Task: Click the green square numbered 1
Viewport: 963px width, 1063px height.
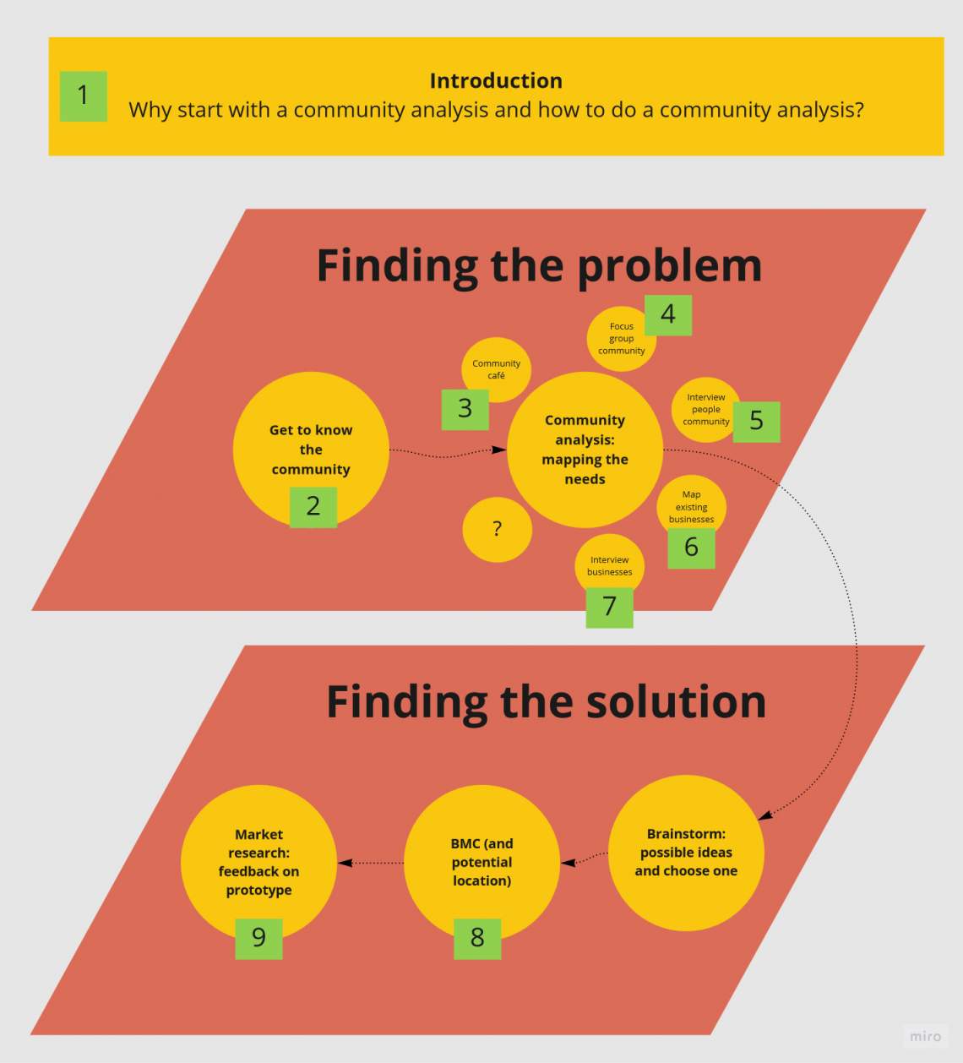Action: pyautogui.click(x=84, y=96)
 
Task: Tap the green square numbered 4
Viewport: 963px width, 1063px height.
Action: pyautogui.click(x=668, y=315)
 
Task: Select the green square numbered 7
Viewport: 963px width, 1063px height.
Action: pyautogui.click(x=609, y=608)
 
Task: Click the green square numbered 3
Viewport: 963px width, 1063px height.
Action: pyautogui.click(x=465, y=410)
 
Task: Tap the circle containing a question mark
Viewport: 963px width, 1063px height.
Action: pyautogui.click(x=498, y=529)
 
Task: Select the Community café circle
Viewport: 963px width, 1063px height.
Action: pyautogui.click(x=496, y=369)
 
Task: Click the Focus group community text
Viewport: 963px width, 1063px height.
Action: pyautogui.click(x=621, y=339)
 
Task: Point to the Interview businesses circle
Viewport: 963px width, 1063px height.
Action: pyautogui.click(x=610, y=565)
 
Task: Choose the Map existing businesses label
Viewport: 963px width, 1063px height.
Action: pyautogui.click(x=691, y=507)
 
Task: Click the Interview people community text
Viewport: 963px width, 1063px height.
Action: pyautogui.click(x=706, y=409)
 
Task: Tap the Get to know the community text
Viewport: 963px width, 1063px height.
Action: pyautogui.click(x=311, y=450)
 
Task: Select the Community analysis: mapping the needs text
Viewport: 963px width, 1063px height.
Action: pyautogui.click(x=585, y=450)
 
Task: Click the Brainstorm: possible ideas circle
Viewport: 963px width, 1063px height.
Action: pyautogui.click(x=686, y=853)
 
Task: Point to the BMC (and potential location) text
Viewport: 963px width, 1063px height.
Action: pyautogui.click(x=481, y=862)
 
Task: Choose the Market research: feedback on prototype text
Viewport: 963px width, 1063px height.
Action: pyautogui.click(x=258, y=862)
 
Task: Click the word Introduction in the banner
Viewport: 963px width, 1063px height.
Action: pyautogui.click(x=496, y=80)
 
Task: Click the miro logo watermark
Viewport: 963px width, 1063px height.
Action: pyautogui.click(x=925, y=1036)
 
